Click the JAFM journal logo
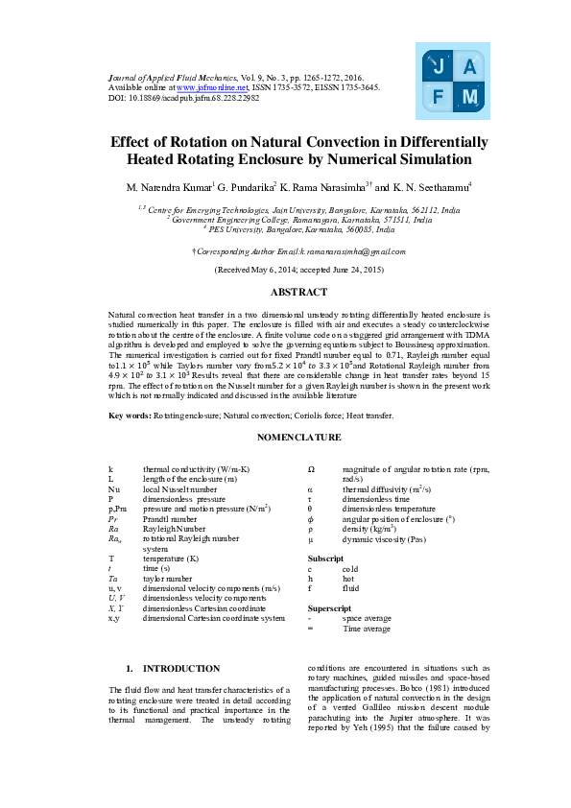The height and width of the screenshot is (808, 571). [454, 80]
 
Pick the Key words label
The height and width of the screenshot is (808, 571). [130, 415]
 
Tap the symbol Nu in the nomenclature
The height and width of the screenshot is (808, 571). [114, 488]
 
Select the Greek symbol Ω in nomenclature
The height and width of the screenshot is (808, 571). [311, 468]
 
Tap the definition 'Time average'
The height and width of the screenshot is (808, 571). [367, 629]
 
